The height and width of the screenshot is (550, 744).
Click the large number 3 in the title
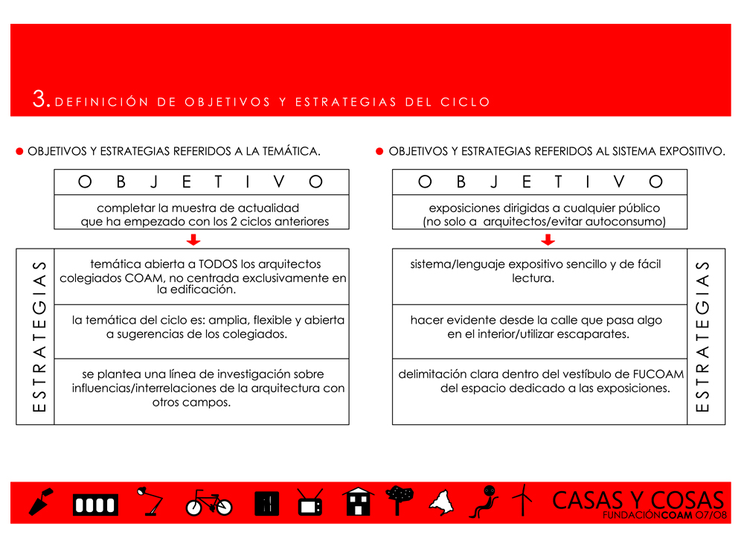pyautogui.click(x=40, y=100)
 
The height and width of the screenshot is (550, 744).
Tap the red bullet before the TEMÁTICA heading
pyautogui.click(x=20, y=151)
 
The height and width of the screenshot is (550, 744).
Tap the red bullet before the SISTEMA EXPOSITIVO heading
pyautogui.click(x=379, y=151)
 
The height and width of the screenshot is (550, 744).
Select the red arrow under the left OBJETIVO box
pyautogui.click(x=193, y=240)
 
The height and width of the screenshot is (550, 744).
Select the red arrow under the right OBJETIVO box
pyautogui.click(x=548, y=240)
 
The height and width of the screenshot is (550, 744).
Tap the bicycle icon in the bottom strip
pyautogui.click(x=209, y=502)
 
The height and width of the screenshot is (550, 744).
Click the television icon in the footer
pyautogui.click(x=310, y=502)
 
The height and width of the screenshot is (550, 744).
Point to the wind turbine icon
pyautogui.click(x=524, y=500)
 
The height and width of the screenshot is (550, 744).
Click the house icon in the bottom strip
pyautogui.click(x=359, y=502)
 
